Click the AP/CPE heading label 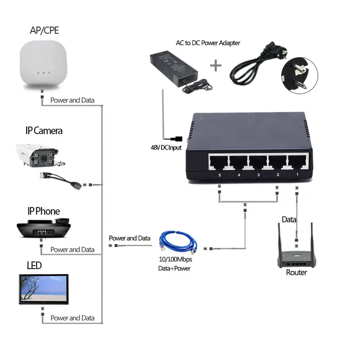click(44, 31)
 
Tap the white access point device click(43, 63)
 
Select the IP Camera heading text click(44, 131)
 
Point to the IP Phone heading click(43, 211)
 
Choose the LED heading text click(34, 265)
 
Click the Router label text click(297, 273)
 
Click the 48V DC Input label click(166, 147)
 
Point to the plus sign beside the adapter click(216, 66)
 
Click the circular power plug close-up click(299, 74)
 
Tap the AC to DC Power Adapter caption click(208, 43)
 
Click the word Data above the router click(289, 220)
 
